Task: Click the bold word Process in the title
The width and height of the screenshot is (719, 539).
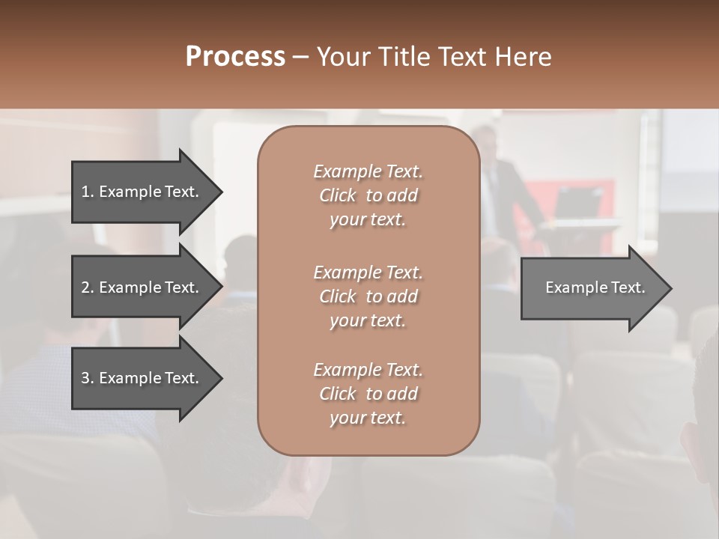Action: [235, 57]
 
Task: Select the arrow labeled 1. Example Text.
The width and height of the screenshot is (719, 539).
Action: [142, 192]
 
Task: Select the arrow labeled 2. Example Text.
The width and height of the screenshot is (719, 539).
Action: [142, 287]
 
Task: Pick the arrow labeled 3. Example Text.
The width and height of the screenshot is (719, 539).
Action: [142, 378]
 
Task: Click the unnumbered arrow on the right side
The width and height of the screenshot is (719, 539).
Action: [592, 287]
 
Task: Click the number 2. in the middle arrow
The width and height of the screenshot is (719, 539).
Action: [88, 287]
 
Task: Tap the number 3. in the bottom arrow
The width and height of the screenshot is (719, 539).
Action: [88, 378]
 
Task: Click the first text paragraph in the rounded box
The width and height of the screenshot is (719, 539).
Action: [368, 195]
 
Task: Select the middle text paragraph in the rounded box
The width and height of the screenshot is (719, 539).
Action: [368, 296]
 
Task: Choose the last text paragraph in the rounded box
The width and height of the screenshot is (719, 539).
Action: [368, 394]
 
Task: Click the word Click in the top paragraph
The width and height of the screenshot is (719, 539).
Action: [338, 195]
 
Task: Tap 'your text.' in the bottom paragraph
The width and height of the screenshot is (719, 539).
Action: [368, 418]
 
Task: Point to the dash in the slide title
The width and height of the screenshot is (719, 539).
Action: [300, 58]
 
